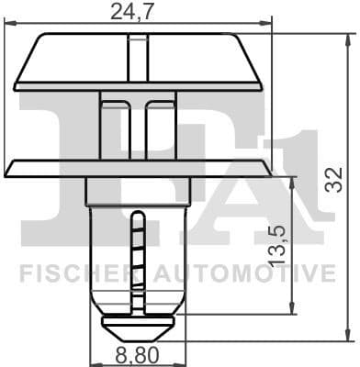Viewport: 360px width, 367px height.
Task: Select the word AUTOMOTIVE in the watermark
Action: (241, 272)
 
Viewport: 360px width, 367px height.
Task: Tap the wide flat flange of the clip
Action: (138, 169)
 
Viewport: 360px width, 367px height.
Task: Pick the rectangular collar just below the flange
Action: (138, 191)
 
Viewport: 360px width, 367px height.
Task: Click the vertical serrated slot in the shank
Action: (137, 261)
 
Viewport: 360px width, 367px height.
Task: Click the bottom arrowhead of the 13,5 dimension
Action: (292, 308)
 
